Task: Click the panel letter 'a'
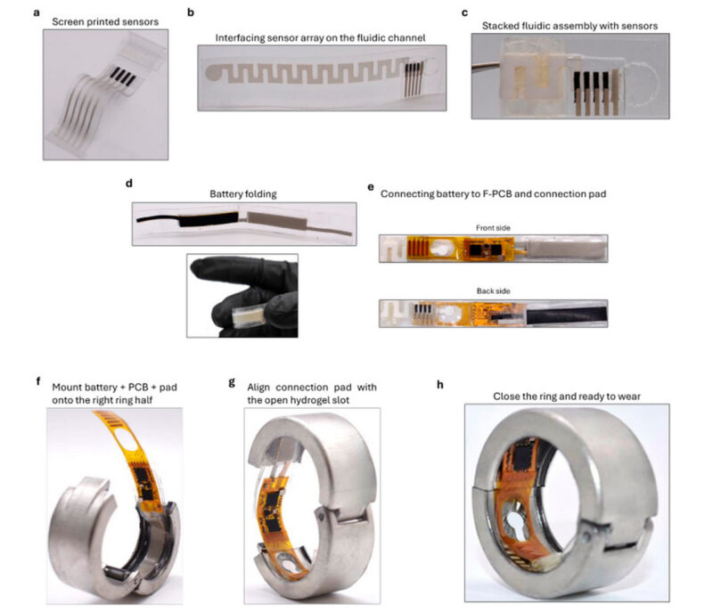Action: click(37, 13)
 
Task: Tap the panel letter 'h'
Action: click(439, 385)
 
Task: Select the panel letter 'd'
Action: click(129, 184)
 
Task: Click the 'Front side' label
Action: click(493, 228)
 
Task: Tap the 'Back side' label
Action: click(494, 291)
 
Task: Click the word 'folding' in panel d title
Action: click(260, 194)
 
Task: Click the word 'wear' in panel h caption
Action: click(629, 396)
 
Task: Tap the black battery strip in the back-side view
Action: click(567, 315)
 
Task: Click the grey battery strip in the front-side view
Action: click(566, 249)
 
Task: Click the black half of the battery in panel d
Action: click(209, 219)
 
